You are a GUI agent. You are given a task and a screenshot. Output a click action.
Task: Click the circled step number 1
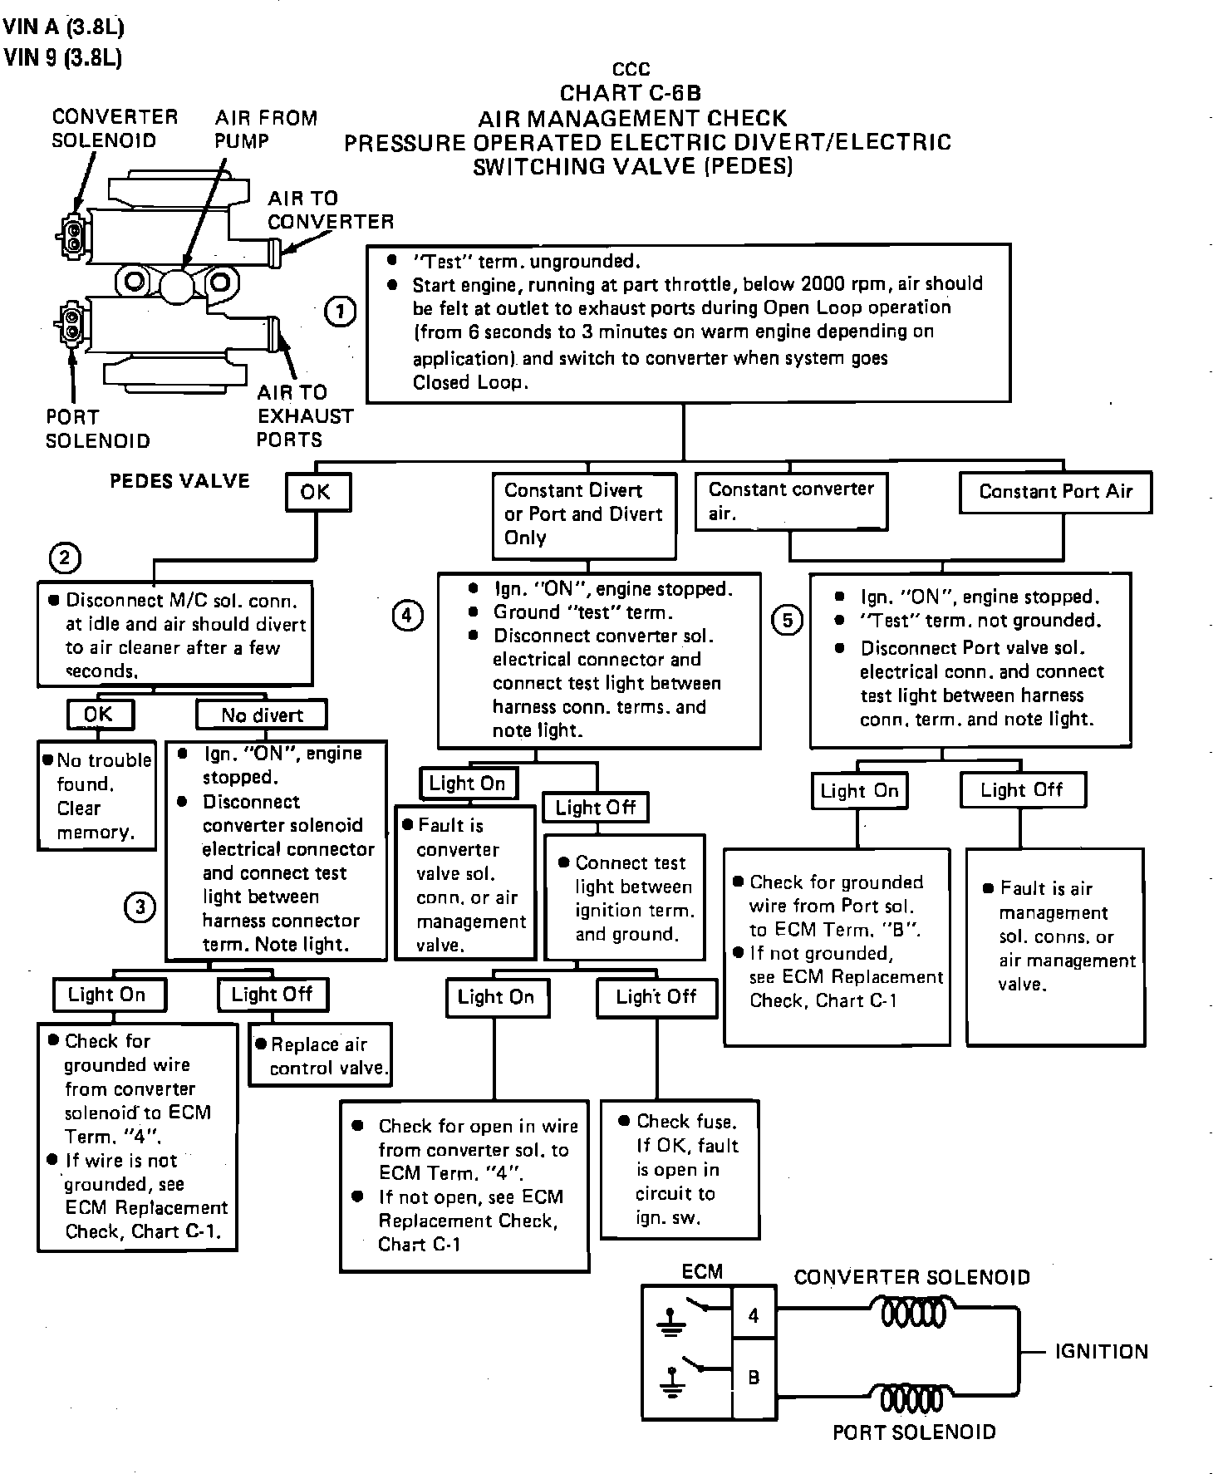point(340,312)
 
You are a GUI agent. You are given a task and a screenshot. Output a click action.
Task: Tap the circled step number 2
point(65,558)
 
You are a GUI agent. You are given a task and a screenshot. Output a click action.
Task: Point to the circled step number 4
point(406,616)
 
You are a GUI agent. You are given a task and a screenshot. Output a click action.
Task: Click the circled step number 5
point(788,620)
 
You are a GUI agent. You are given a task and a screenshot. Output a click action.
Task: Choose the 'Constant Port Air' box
point(1055,492)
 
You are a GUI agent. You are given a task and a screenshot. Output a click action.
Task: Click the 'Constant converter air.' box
point(791,501)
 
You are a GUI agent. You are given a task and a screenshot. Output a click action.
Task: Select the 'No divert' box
point(262,715)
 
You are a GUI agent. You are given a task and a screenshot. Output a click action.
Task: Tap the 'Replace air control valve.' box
point(321,1055)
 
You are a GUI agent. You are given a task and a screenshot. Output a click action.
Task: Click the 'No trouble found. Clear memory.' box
point(96,795)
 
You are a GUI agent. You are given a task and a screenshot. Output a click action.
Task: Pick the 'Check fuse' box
point(680,1169)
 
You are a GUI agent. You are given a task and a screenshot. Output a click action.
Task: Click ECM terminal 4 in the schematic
point(754,1315)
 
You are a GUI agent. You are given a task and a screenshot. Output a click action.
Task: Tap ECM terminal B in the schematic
point(754,1377)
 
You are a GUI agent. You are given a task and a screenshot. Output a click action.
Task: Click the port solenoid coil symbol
point(911,1398)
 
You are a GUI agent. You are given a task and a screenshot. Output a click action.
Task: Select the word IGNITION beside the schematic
point(1101,1352)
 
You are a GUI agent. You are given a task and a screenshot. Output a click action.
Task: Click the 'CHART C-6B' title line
point(631,93)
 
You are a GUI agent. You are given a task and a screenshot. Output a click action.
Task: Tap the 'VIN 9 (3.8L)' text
point(63,58)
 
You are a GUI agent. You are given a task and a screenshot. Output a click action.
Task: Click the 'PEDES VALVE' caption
point(179,481)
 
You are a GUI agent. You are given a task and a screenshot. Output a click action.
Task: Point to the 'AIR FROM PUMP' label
point(265,130)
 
